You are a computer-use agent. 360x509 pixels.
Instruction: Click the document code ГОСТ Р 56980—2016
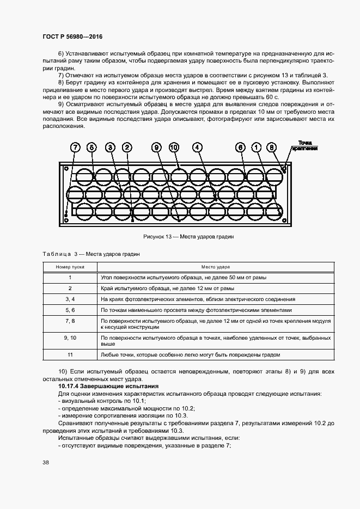click(x=72, y=36)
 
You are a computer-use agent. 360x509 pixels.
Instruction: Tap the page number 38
click(x=46, y=463)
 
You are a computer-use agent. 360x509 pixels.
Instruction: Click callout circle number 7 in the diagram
click(x=75, y=148)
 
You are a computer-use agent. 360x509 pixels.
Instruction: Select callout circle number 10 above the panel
click(x=174, y=148)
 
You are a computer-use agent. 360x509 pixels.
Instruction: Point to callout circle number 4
click(x=197, y=148)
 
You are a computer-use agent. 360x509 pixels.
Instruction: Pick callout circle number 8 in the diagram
click(x=273, y=148)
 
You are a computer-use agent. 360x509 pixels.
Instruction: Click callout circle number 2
click(x=127, y=148)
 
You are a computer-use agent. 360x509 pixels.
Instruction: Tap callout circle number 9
click(x=156, y=148)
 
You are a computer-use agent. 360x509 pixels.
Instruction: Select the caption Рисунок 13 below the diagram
click(x=188, y=237)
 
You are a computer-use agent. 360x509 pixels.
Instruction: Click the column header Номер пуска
click(x=70, y=267)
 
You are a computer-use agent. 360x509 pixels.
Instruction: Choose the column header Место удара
click(x=216, y=267)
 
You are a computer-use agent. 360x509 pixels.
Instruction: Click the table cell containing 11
click(x=70, y=355)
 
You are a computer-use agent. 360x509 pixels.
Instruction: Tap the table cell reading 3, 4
click(x=70, y=299)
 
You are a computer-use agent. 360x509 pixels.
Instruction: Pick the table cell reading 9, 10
click(x=70, y=338)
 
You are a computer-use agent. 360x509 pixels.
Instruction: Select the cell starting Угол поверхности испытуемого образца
click(x=184, y=278)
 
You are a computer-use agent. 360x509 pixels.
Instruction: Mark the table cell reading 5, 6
click(x=70, y=309)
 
